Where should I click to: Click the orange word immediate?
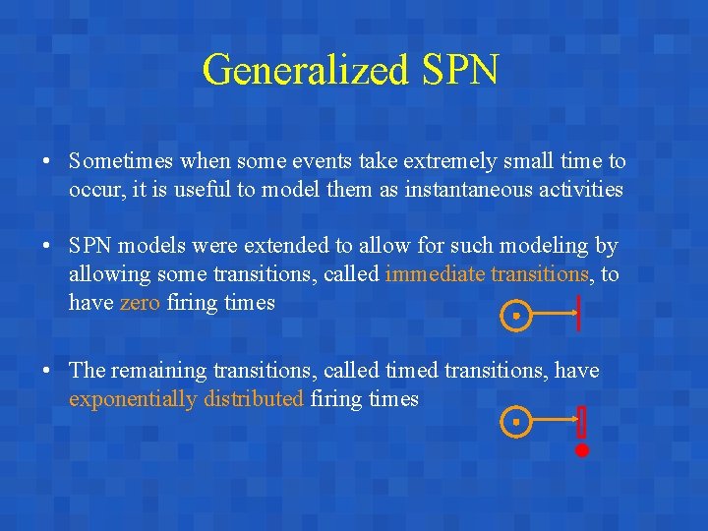[435, 273]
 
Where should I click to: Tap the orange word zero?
[140, 302]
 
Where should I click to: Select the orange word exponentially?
[134, 398]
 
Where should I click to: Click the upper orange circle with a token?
[515, 316]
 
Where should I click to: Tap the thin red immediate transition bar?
[580, 313]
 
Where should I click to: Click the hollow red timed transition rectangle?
[581, 421]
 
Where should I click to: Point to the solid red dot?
[581, 450]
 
